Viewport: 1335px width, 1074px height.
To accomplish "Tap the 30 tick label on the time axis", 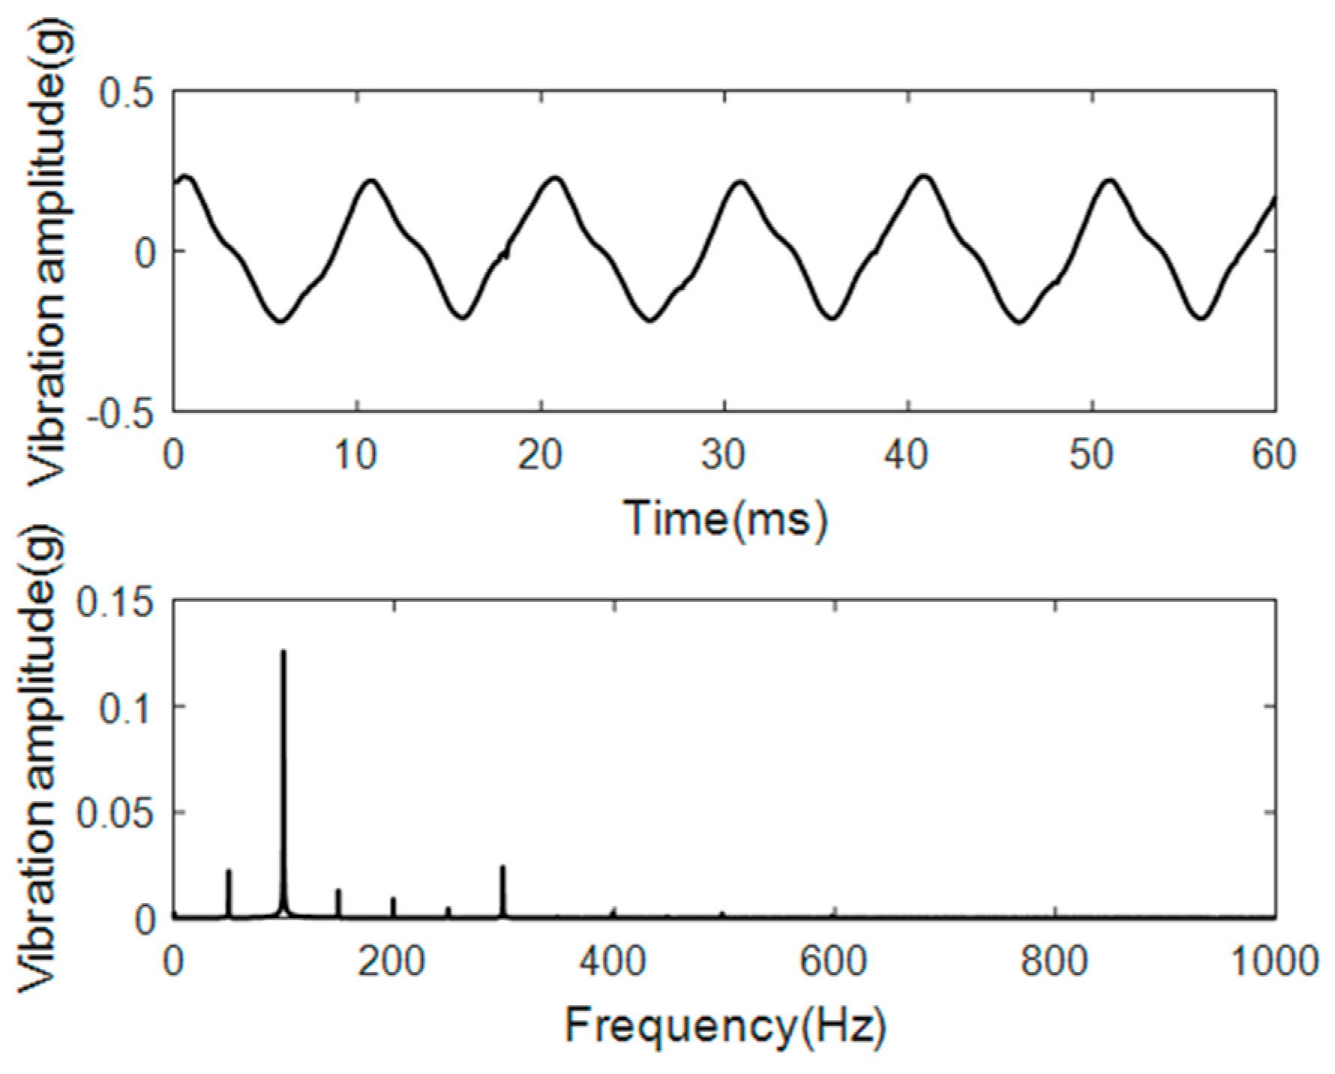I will click(724, 455).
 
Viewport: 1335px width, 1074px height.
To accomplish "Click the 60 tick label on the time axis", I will click(1273, 455).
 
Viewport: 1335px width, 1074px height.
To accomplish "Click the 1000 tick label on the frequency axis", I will click(1273, 961).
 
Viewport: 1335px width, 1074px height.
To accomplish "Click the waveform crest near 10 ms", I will click(370, 181).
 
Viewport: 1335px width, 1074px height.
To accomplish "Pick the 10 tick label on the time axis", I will click(356, 455).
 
